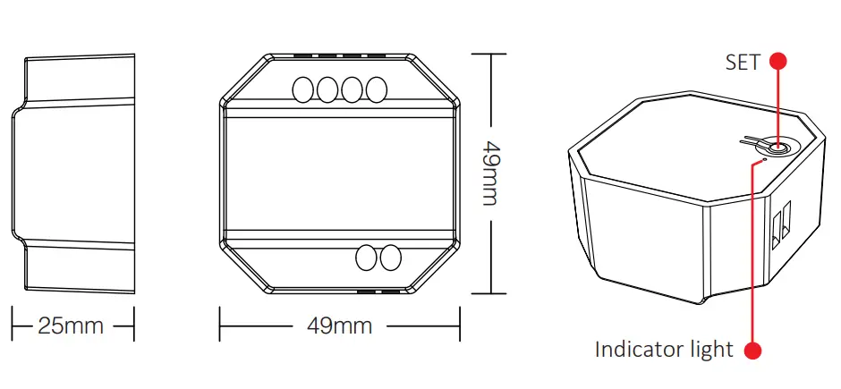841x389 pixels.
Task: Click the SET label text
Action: point(743,62)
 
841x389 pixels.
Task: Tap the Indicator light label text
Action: point(664,349)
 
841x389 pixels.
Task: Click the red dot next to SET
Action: point(778,61)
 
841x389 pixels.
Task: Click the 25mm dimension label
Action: point(71,325)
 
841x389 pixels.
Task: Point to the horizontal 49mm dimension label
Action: point(339,325)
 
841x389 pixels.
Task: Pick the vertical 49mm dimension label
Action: point(490,172)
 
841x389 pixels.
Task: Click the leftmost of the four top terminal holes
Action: point(302,89)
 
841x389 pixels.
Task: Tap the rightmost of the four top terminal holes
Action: point(377,89)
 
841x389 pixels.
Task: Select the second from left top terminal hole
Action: point(327,89)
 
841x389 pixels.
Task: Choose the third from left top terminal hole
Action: point(352,89)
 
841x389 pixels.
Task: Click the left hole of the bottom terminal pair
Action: point(366,258)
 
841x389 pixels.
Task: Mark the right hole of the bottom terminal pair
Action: point(390,258)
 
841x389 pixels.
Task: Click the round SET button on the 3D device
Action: point(777,148)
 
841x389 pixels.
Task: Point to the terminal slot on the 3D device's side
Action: point(780,223)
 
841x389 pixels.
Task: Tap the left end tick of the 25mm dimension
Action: point(13,325)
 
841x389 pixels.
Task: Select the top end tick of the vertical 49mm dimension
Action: point(490,55)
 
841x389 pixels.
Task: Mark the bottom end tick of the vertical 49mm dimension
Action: point(490,292)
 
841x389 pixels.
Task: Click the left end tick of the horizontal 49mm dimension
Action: point(221,325)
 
